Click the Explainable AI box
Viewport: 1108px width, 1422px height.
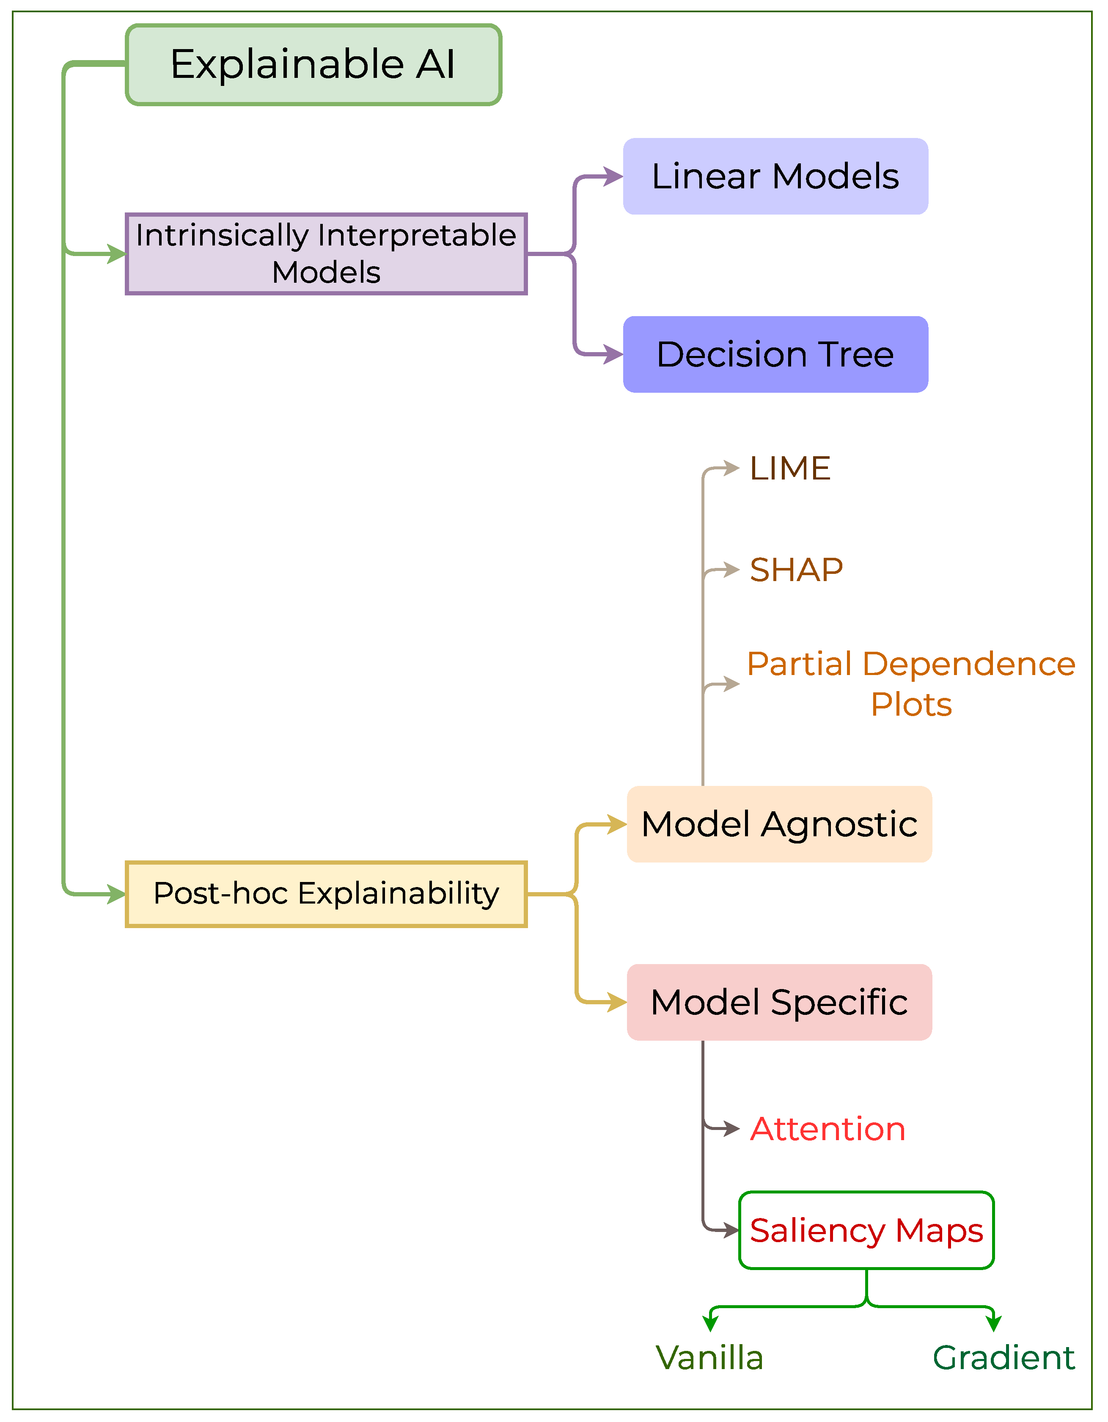313,64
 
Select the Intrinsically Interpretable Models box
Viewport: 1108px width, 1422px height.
326,254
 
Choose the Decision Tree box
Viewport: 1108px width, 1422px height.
775,354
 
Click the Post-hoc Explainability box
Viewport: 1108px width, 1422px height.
326,894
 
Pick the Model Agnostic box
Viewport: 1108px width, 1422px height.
779,824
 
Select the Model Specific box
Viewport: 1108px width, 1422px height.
779,1002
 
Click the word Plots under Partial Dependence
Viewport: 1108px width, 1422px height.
911,705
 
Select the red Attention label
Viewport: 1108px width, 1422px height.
828,1129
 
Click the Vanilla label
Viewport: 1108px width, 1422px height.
709,1358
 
